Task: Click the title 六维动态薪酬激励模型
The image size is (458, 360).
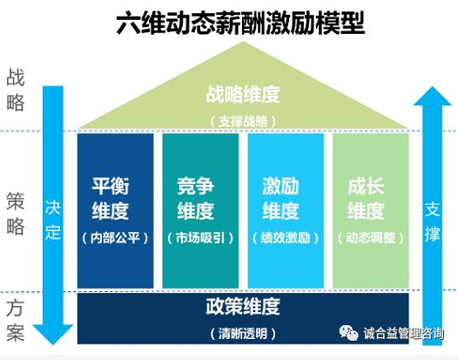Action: click(x=240, y=24)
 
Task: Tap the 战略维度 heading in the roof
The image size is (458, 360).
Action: click(x=243, y=94)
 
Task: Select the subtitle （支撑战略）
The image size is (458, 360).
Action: click(x=243, y=121)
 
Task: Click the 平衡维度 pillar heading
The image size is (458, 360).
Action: click(x=111, y=198)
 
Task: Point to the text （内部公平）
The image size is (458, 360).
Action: click(x=115, y=238)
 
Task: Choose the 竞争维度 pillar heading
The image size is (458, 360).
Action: click(x=195, y=198)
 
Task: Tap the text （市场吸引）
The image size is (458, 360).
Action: click(x=200, y=238)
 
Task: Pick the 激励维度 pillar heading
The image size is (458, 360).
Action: click(x=280, y=198)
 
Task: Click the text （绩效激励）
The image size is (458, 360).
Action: click(x=286, y=238)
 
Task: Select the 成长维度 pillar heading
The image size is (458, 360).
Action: click(x=366, y=198)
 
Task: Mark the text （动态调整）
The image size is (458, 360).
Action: click(x=371, y=238)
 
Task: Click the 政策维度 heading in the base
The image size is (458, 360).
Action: click(x=243, y=307)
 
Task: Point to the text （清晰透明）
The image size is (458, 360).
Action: click(x=243, y=333)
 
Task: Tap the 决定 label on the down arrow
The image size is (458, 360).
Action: click(x=53, y=220)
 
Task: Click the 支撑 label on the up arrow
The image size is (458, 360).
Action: click(x=432, y=221)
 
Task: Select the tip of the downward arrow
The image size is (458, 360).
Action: click(x=53, y=344)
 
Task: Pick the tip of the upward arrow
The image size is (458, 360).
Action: click(x=432, y=87)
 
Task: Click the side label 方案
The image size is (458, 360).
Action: click(x=15, y=320)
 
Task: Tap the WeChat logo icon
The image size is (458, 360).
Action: click(x=348, y=332)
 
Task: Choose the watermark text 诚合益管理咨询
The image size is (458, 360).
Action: click(x=404, y=333)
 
